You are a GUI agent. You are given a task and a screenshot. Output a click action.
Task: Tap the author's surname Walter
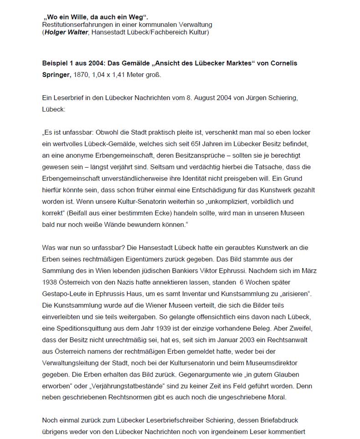(78, 32)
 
